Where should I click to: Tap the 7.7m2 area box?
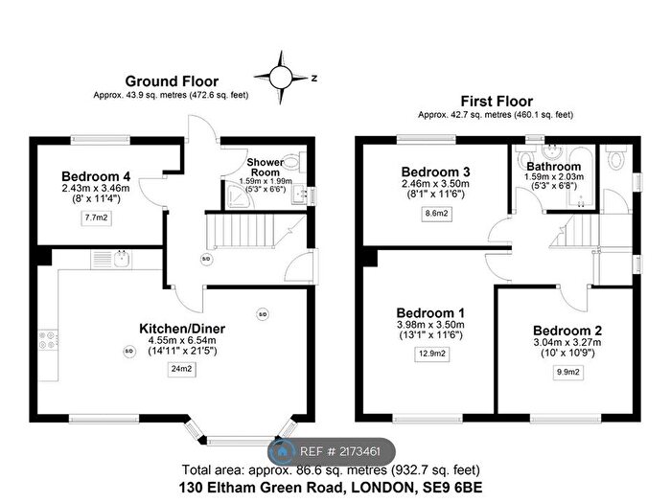pos(95,218)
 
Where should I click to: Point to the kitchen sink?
pos(121,258)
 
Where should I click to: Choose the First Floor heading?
pos(496,100)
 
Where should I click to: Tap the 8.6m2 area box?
pos(433,215)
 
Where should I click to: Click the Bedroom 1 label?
pos(431,313)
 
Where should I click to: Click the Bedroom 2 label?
pos(567,331)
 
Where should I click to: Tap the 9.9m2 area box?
pos(567,373)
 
